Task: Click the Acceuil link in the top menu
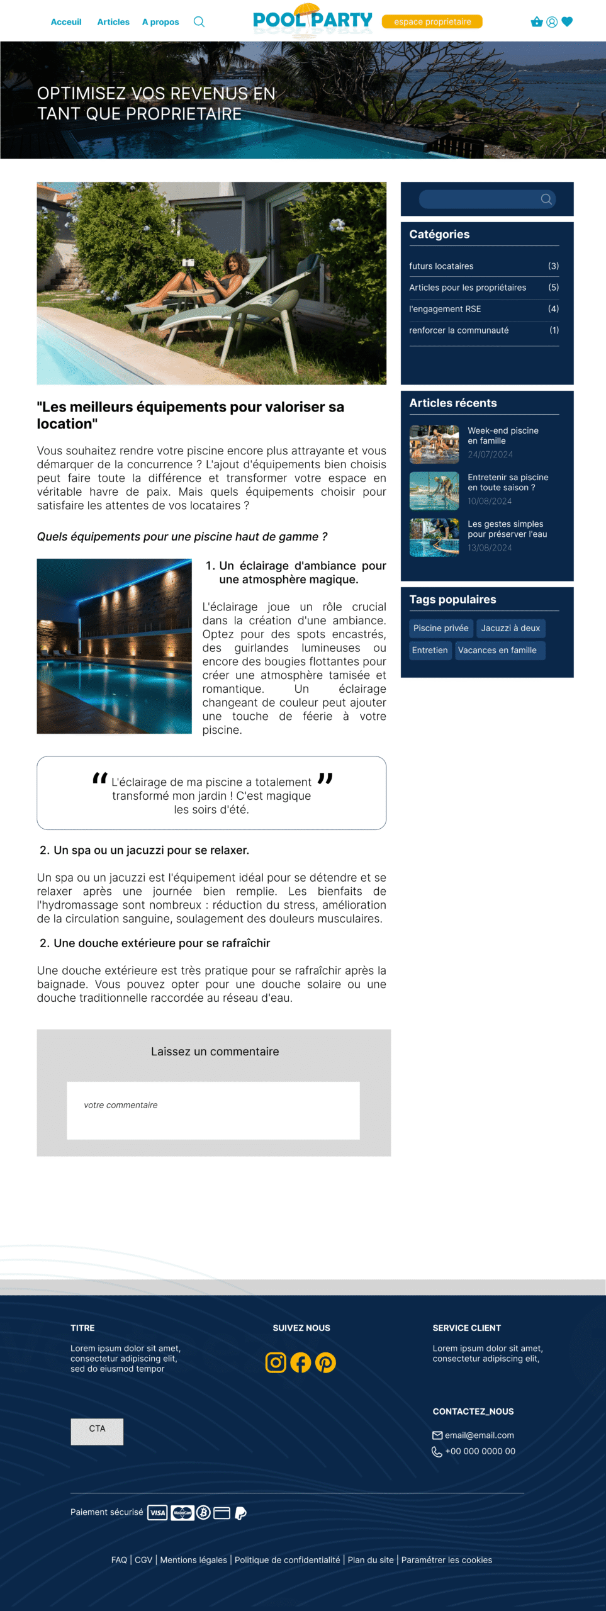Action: [66, 22]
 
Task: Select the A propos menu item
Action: [160, 22]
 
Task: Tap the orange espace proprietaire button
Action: [432, 22]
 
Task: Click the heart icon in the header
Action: [567, 22]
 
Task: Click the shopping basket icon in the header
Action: [536, 22]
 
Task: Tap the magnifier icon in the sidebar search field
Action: [546, 199]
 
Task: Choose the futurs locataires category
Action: [441, 266]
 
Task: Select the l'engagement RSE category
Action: [445, 309]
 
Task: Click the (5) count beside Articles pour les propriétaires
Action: [553, 288]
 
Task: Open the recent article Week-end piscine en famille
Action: [503, 435]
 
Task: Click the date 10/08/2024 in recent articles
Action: [490, 502]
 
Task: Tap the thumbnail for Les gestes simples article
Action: [434, 537]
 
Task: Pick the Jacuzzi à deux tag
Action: [510, 628]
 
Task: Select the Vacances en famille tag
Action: [497, 650]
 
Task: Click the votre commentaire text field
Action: [213, 1110]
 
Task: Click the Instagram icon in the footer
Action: [276, 1362]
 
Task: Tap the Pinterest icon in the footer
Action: [325, 1362]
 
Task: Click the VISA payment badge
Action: [157, 1513]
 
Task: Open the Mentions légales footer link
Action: [193, 1560]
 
